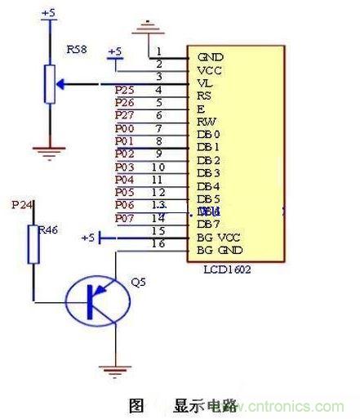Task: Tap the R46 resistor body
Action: tap(33, 243)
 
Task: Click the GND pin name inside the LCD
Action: tap(210, 58)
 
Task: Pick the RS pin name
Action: tap(205, 96)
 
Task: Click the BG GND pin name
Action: tap(220, 250)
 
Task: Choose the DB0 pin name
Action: tap(208, 135)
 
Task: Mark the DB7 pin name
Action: tap(208, 225)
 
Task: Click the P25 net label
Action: tap(125, 90)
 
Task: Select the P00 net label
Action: tap(125, 128)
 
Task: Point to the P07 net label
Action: tap(125, 218)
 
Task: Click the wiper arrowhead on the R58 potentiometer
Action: tap(62, 83)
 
